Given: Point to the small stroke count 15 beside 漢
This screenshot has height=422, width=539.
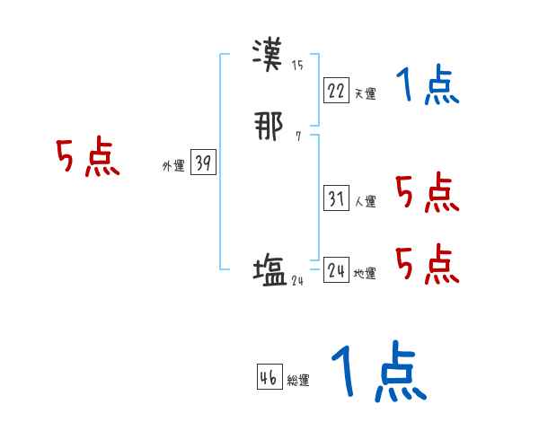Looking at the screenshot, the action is pyautogui.click(x=297, y=66).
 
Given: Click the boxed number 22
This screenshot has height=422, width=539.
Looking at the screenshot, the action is pyautogui.click(x=336, y=91).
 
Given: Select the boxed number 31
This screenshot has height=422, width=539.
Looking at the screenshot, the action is pyautogui.click(x=336, y=199).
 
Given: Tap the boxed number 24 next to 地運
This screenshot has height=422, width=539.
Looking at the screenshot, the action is pyautogui.click(x=336, y=270).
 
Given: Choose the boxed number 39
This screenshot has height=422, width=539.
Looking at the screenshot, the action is pyautogui.click(x=203, y=163).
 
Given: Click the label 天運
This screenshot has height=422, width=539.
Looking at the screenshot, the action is pyautogui.click(x=365, y=93).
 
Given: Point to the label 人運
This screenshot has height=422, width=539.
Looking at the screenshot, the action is pyautogui.click(x=365, y=202).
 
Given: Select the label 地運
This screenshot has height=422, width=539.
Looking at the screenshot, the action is pyautogui.click(x=365, y=273).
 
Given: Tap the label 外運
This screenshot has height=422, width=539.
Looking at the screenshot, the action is pyautogui.click(x=172, y=166).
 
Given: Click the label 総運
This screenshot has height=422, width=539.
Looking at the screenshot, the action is pyautogui.click(x=298, y=381).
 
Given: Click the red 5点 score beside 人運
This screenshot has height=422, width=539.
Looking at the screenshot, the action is pyautogui.click(x=427, y=192).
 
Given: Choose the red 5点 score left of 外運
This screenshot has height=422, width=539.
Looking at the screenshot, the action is pyautogui.click(x=87, y=158).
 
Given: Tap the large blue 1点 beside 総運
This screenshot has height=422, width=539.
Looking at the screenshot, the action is pyautogui.click(x=377, y=372).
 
